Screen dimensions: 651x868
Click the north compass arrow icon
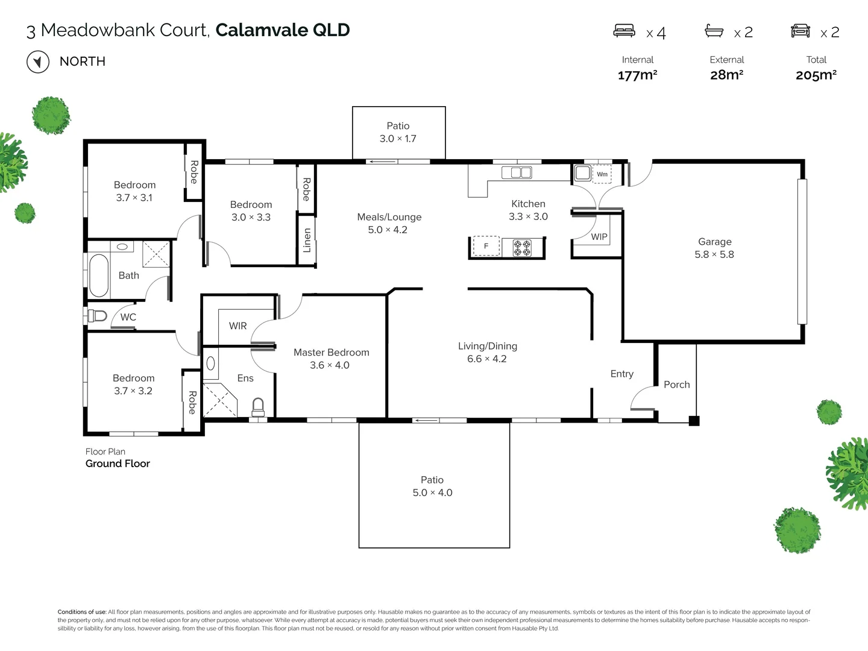tap(38, 62)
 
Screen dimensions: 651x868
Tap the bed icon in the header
tap(624, 31)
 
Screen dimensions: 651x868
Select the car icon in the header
tap(800, 31)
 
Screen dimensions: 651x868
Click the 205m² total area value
tap(816, 75)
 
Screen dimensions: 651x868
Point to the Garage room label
tap(714, 242)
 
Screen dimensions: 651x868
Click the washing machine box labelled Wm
tap(602, 174)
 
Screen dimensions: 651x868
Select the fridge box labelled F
tap(486, 246)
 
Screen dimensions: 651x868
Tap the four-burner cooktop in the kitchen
tap(522, 247)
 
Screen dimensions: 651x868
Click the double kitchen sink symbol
tap(517, 173)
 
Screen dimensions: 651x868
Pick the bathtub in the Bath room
tap(98, 275)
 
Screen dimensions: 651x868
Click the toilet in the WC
tap(98, 316)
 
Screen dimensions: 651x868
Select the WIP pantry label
tap(599, 237)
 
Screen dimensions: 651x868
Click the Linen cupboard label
tap(307, 240)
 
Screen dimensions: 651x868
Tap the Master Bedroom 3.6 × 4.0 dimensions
tap(330, 365)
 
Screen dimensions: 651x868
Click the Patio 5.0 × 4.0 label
tap(432, 486)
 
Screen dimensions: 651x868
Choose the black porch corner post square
tap(694, 421)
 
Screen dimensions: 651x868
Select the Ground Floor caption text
tap(118, 464)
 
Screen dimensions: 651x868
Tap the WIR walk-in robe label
tap(237, 326)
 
